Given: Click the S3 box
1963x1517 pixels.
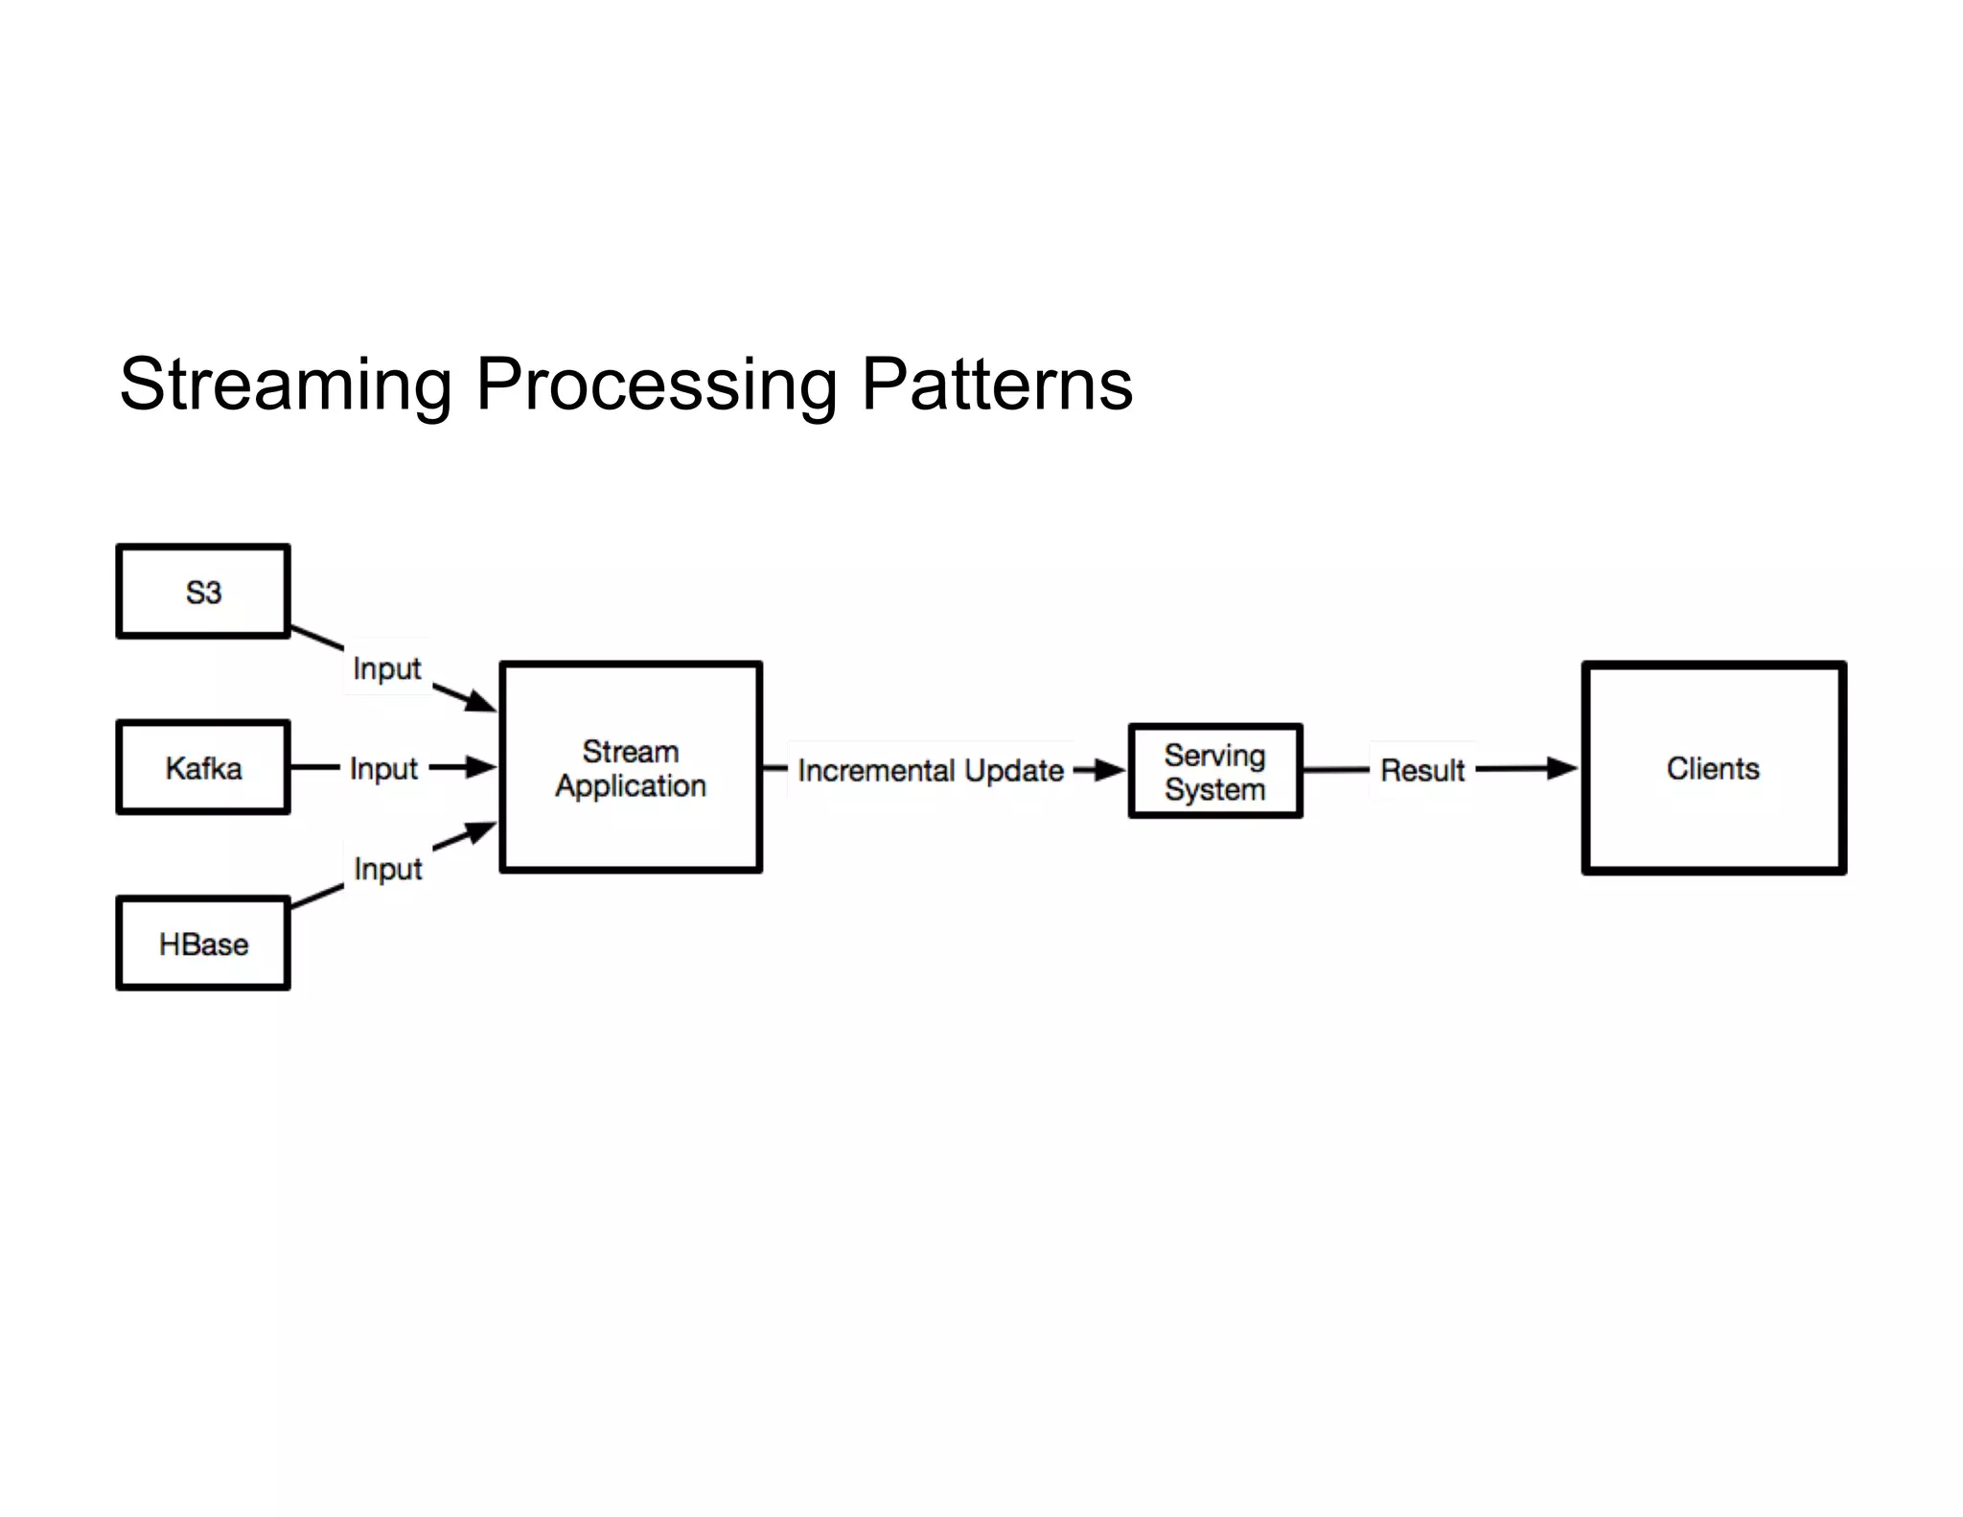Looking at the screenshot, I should pos(203,592).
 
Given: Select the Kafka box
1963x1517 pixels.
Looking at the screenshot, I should pos(203,768).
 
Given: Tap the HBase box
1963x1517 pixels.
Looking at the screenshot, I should pos(203,945).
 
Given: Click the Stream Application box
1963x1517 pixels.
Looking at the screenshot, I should pos(631,768).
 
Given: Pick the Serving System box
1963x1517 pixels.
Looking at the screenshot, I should pos(1215,772).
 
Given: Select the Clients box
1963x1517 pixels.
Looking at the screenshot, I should pos(1714,768).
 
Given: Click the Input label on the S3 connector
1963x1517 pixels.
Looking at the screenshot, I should pos(386,668).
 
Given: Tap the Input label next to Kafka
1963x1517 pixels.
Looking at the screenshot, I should pos(383,769).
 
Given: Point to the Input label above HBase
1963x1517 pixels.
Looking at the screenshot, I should pos(387,869).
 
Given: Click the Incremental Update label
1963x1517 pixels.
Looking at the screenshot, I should pos(930,770).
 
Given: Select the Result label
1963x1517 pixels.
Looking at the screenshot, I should pos(1422,770).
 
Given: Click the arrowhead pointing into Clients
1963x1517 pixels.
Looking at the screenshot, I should pos(1560,768).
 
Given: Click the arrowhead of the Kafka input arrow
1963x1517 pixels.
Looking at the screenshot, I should pos(480,767).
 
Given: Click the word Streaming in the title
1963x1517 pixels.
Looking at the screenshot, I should pos(286,385).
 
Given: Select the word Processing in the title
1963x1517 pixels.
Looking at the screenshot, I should pos(657,385).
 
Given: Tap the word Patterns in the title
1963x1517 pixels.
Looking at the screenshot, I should pos(997,385).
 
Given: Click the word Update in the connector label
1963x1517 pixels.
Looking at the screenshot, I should pos(1013,770).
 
